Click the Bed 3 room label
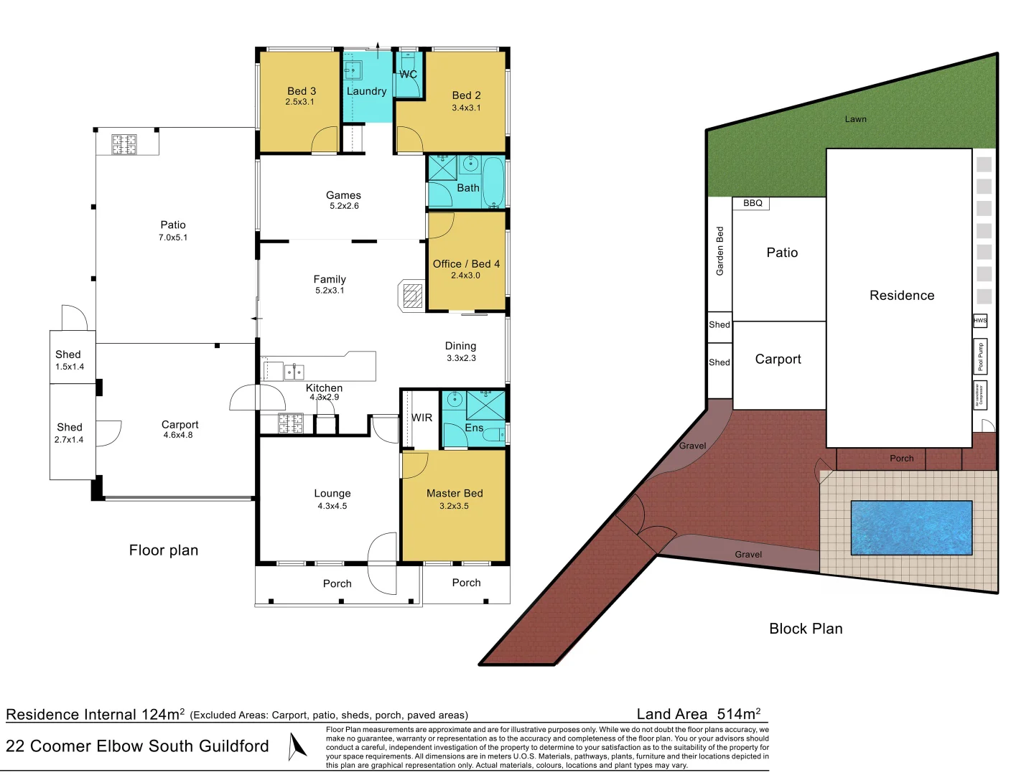point(302,91)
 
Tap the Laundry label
point(366,91)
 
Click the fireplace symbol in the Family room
point(412,296)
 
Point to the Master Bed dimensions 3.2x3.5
point(454,506)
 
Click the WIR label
point(421,418)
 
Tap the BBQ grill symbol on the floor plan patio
point(124,144)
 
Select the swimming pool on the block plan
point(911,527)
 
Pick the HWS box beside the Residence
point(980,321)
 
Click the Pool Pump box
point(980,356)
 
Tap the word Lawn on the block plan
point(855,119)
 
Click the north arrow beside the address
point(297,746)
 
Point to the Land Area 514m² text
point(698,714)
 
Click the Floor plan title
point(164,550)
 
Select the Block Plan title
point(806,629)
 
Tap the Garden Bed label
point(719,251)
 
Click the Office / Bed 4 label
point(466,264)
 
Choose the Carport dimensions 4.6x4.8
point(178,435)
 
